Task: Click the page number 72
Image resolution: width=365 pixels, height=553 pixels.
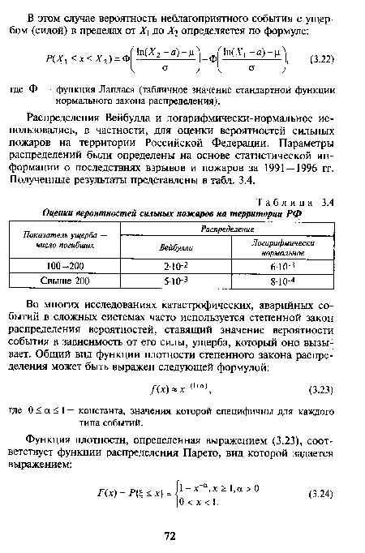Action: tap(170, 536)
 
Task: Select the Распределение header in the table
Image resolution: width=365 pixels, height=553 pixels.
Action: tap(230, 230)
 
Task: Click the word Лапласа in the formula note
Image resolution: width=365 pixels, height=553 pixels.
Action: tap(122, 92)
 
